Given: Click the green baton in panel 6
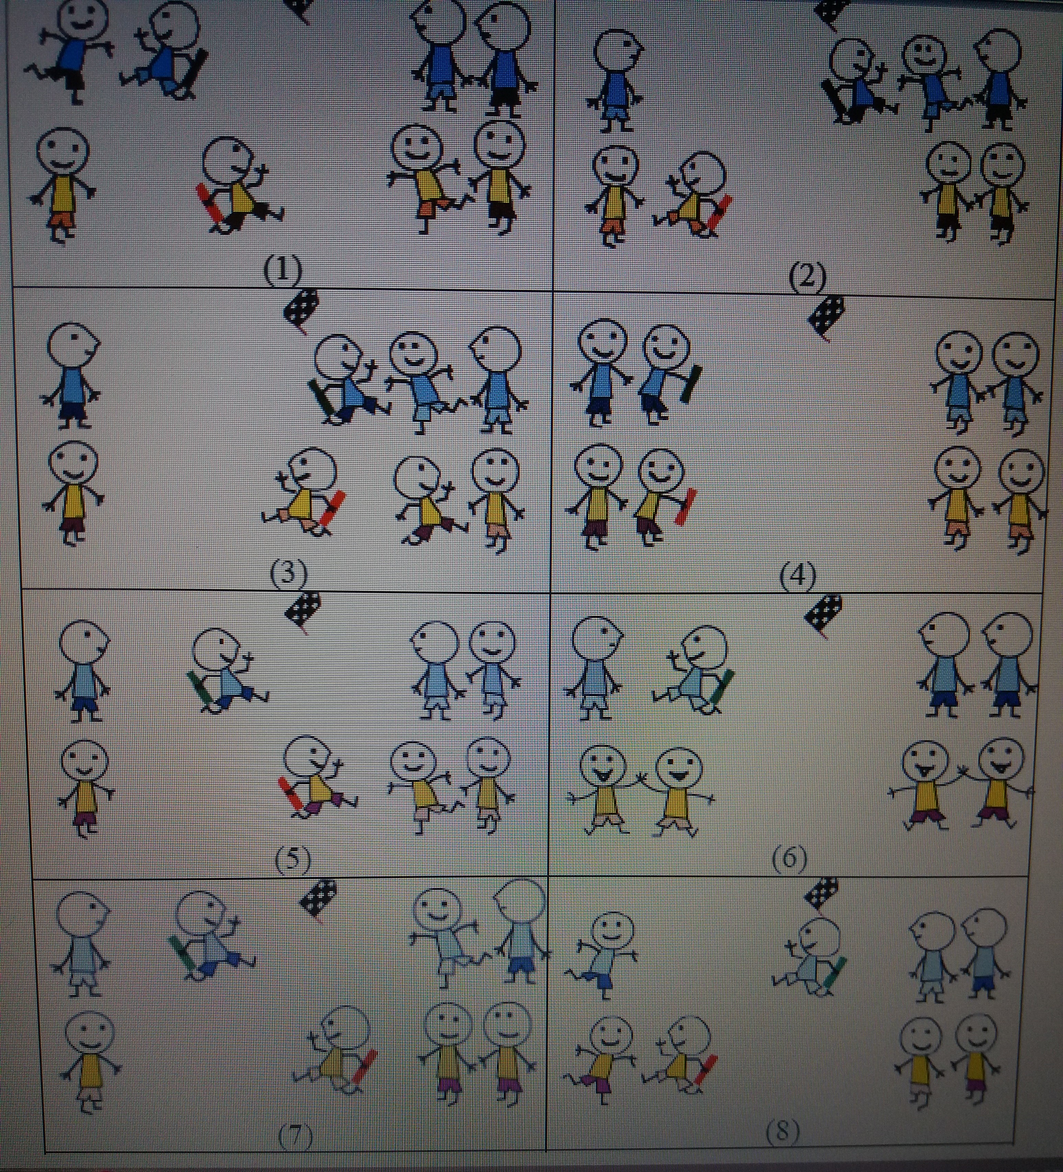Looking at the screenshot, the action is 721,692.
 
